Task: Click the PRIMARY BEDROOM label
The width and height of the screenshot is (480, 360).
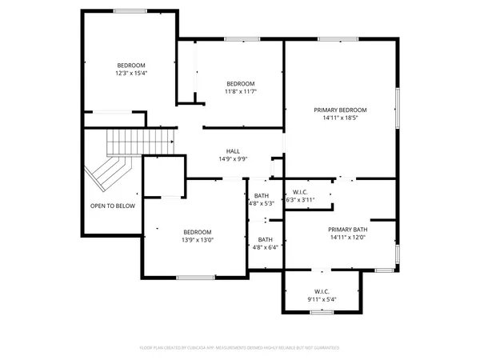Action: point(339,110)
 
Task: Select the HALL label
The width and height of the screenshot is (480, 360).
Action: point(233,150)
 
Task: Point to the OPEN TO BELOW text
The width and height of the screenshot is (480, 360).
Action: point(112,206)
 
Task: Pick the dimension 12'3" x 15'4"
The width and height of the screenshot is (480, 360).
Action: point(132,73)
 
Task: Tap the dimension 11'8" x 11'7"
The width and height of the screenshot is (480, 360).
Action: point(240,92)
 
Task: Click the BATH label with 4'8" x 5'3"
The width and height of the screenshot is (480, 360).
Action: point(262,195)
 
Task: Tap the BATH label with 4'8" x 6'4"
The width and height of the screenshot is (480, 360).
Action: point(265,239)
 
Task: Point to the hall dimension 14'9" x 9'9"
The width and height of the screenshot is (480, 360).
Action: point(233,158)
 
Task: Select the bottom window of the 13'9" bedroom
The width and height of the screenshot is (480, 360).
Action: point(194,278)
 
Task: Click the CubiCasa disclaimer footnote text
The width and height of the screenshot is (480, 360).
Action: point(239,348)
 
